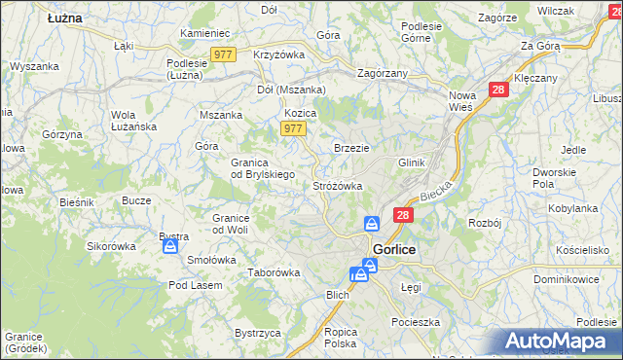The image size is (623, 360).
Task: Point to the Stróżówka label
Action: coord(338,185)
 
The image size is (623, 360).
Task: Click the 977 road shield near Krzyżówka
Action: coord(223,55)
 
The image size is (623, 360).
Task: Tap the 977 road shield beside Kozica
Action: coord(293,129)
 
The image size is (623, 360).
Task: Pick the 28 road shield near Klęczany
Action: coord(498,89)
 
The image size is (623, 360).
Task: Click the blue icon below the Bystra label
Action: coord(169,247)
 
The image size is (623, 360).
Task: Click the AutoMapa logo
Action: coord(554,342)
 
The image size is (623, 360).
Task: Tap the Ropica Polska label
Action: coord(341,338)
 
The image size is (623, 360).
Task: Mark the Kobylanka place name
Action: coord(572,208)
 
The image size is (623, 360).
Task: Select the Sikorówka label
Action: coord(111,246)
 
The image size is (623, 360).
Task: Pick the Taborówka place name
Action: coord(274,273)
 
